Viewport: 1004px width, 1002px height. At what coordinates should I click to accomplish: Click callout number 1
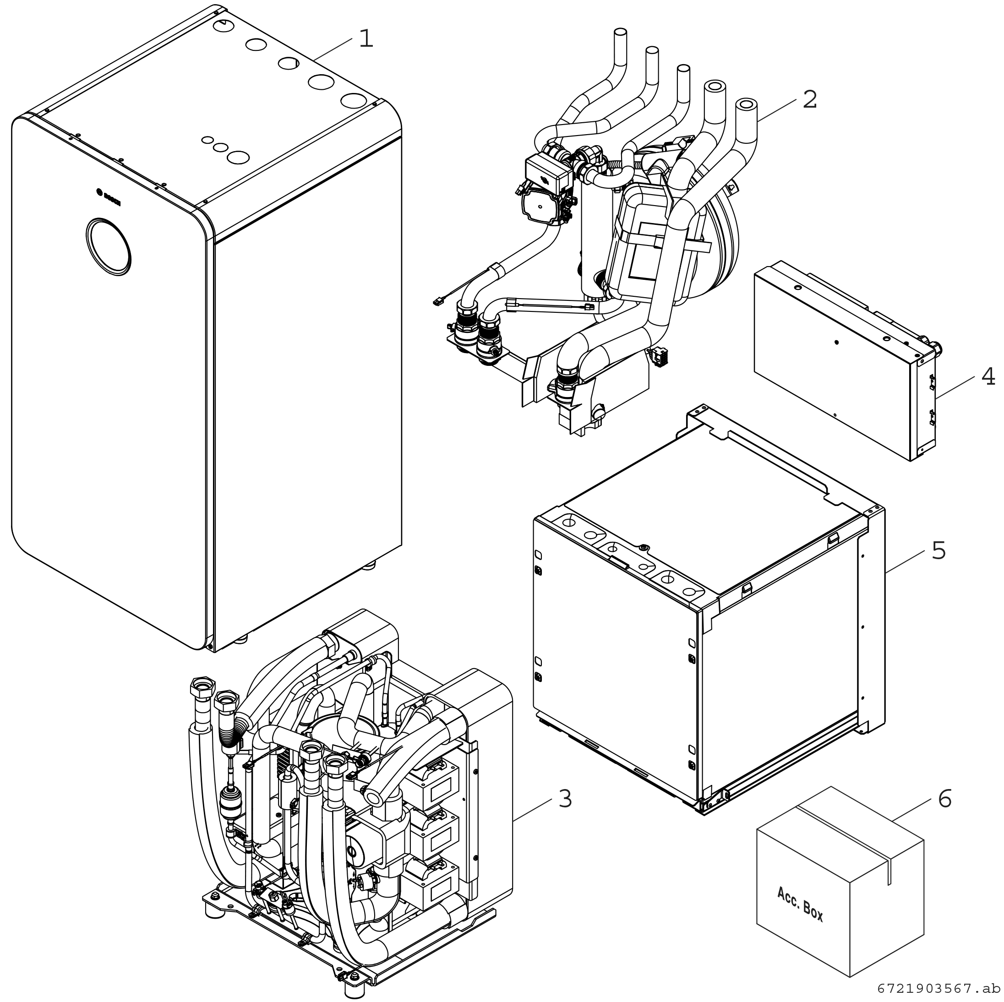366,39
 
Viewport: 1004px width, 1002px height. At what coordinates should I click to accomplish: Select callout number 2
810,100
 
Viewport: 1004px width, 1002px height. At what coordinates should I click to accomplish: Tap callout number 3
565,799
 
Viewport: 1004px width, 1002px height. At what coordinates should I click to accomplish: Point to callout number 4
988,376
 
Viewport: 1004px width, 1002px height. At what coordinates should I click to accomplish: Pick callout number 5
938,550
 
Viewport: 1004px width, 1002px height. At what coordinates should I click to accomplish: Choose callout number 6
944,799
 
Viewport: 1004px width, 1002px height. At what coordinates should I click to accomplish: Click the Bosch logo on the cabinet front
109,197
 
